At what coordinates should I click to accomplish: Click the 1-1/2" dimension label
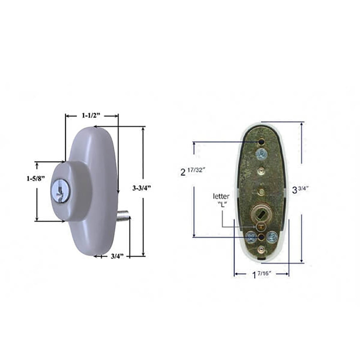pos(88,116)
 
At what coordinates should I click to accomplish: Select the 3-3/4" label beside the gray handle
pos(141,188)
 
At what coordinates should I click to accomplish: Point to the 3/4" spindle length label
pos(117,256)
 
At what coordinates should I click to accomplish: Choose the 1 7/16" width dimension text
pos(261,275)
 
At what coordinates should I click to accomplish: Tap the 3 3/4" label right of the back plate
pos(301,189)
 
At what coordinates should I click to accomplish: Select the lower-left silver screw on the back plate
pos(250,237)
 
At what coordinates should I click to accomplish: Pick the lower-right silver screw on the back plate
pos(272,237)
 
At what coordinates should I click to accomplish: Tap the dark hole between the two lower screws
pos(261,237)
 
